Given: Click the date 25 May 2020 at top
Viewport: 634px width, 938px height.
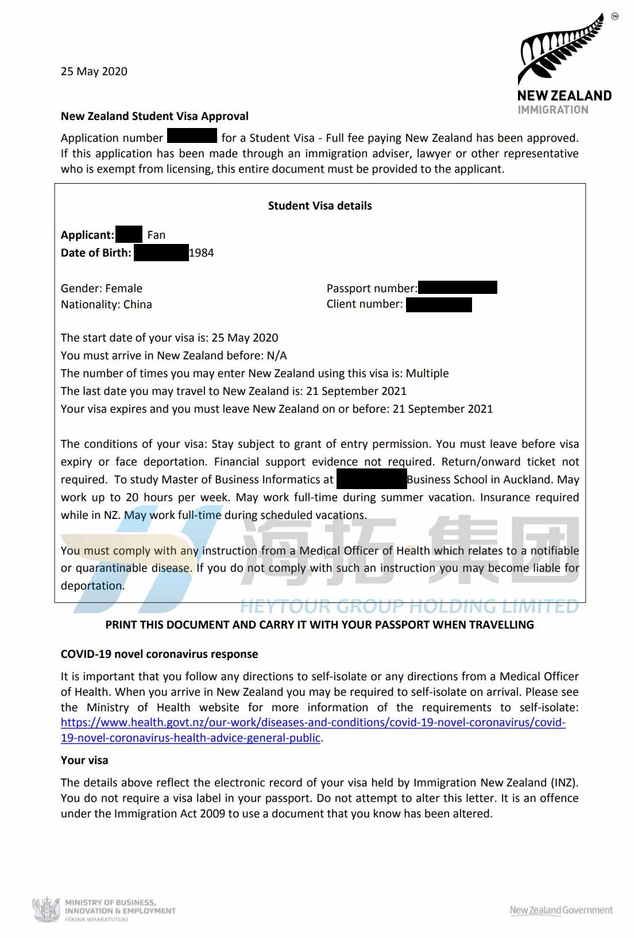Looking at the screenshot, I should (x=94, y=72).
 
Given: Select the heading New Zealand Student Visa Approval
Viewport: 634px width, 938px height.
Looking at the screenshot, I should (x=154, y=116).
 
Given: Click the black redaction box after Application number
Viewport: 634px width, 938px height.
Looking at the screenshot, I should (x=192, y=137).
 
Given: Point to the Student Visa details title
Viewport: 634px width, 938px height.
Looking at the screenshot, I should (x=320, y=206).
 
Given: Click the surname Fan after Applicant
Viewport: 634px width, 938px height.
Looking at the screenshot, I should (x=156, y=235).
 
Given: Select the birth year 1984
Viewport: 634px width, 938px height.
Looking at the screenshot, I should (x=202, y=253).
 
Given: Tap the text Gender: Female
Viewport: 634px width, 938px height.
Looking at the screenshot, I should (x=102, y=288).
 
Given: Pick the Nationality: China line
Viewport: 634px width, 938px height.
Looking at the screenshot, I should (x=106, y=304).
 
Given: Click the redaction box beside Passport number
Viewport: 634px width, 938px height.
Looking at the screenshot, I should (x=457, y=288).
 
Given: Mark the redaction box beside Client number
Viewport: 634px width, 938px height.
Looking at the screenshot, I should (x=439, y=304).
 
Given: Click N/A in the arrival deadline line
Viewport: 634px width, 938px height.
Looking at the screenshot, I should (x=277, y=355).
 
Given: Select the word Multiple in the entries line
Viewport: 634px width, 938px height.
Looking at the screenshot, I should (x=427, y=373).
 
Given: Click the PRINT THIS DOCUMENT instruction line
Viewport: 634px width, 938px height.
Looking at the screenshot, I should (x=319, y=625).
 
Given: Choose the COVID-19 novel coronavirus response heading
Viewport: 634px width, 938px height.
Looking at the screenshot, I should (x=159, y=654).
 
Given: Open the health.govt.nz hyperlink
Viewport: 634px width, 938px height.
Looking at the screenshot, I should (x=313, y=723).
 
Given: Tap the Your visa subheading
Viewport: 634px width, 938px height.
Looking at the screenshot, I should (x=84, y=760).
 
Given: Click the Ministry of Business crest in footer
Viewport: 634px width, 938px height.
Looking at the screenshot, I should (x=46, y=910).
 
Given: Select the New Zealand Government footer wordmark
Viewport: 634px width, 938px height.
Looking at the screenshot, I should (x=561, y=910).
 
